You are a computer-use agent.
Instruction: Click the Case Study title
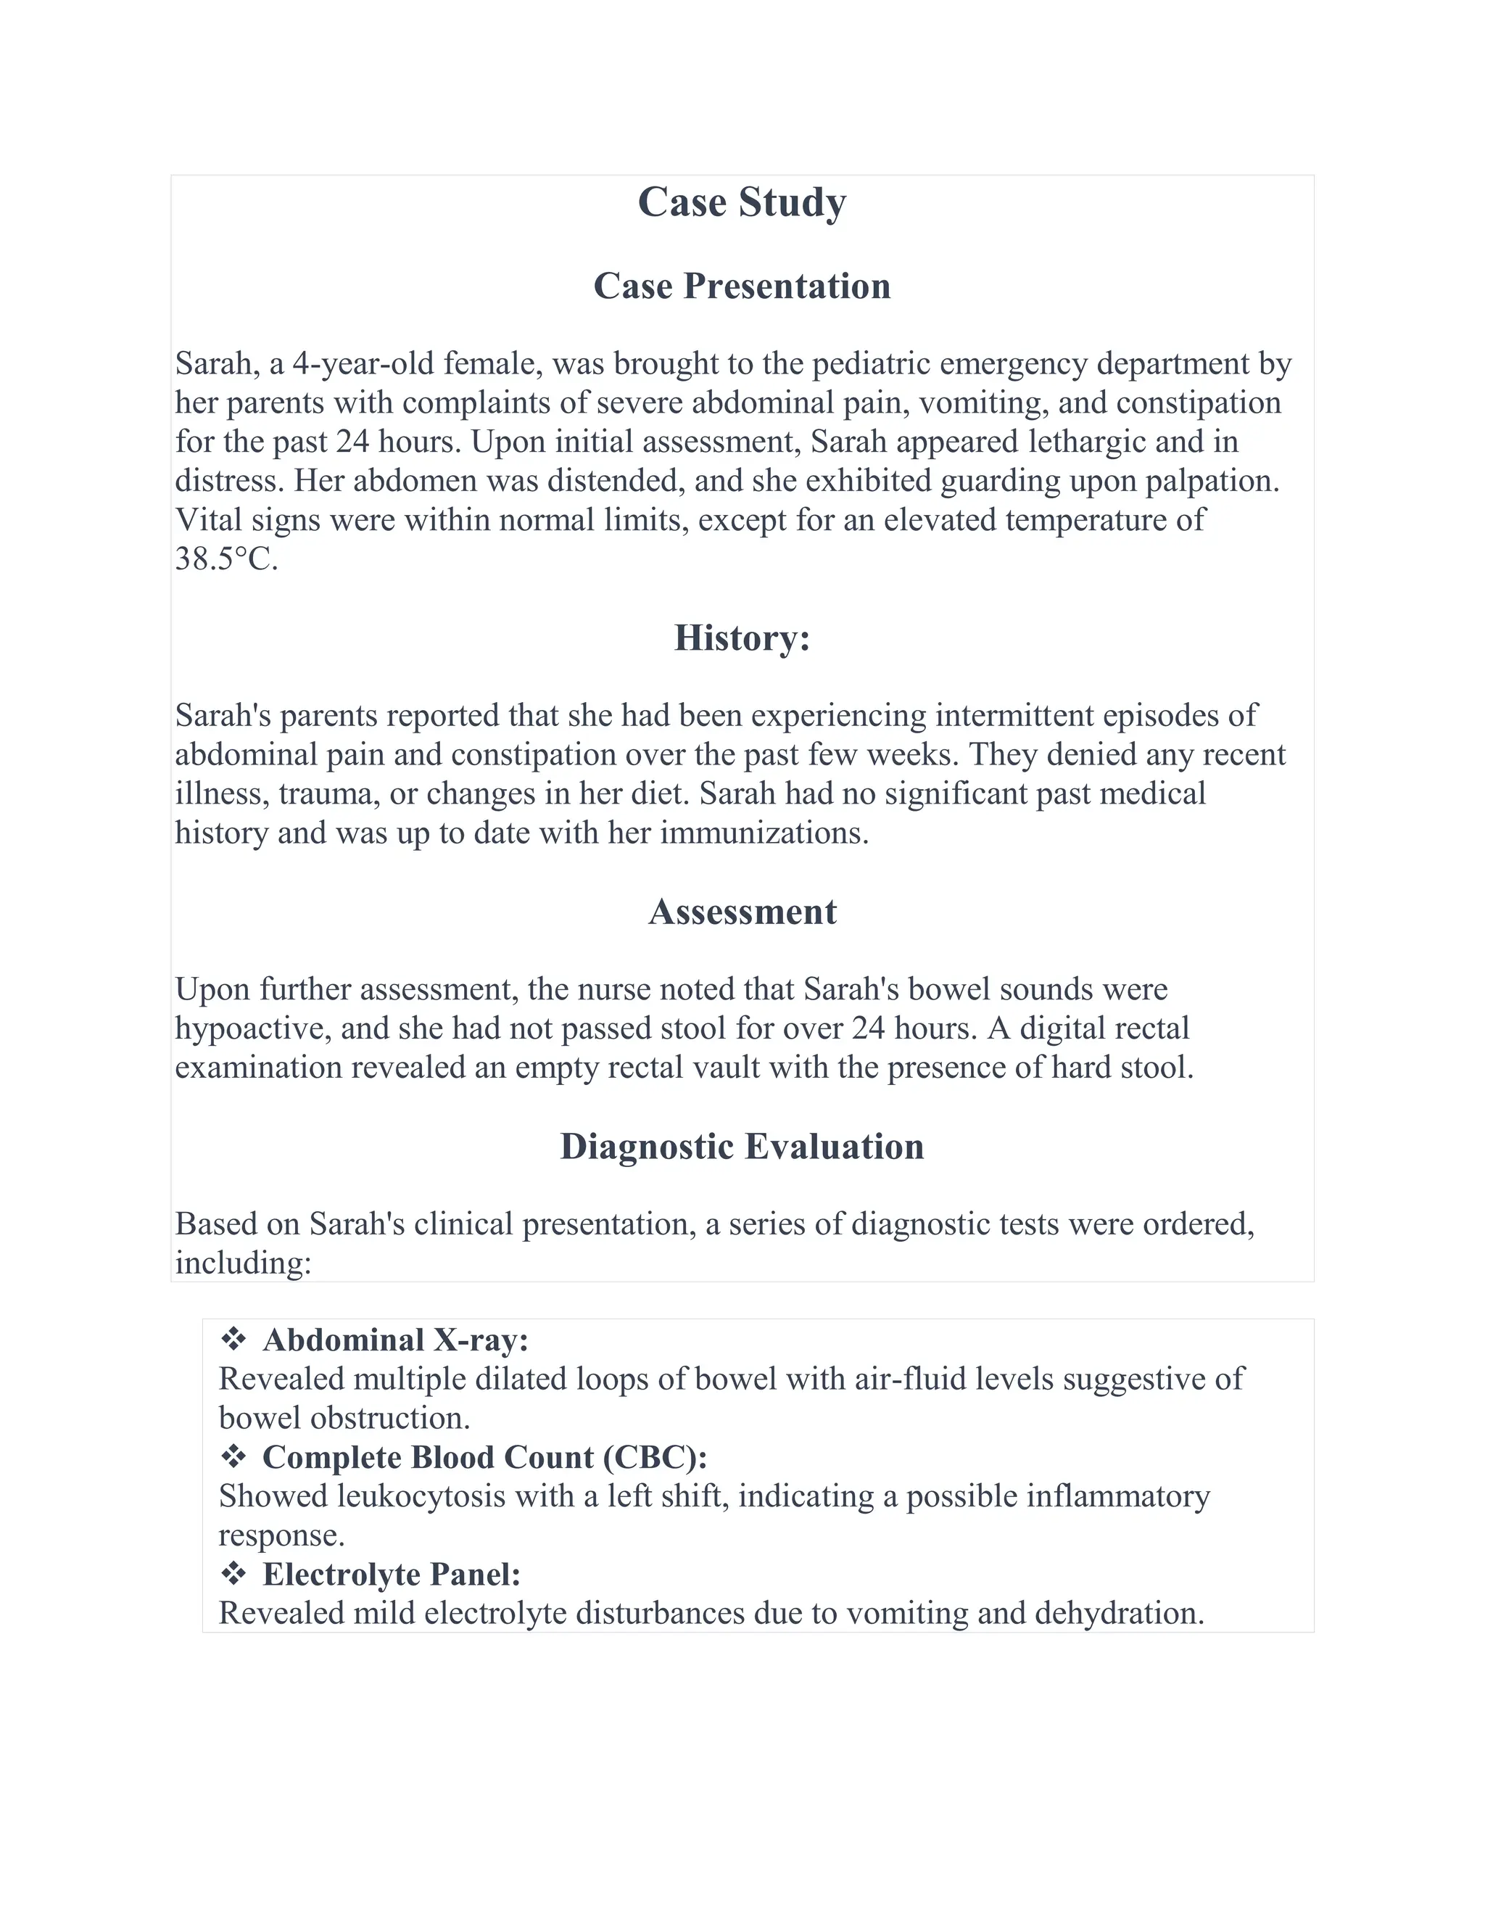742,202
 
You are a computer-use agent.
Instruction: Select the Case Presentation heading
742,286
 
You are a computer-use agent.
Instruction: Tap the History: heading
742,638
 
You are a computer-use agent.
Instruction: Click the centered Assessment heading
742,912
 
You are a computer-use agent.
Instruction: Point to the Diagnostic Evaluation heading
742,1147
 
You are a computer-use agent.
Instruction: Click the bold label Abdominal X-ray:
395,1340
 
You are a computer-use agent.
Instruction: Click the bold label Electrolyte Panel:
392,1575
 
